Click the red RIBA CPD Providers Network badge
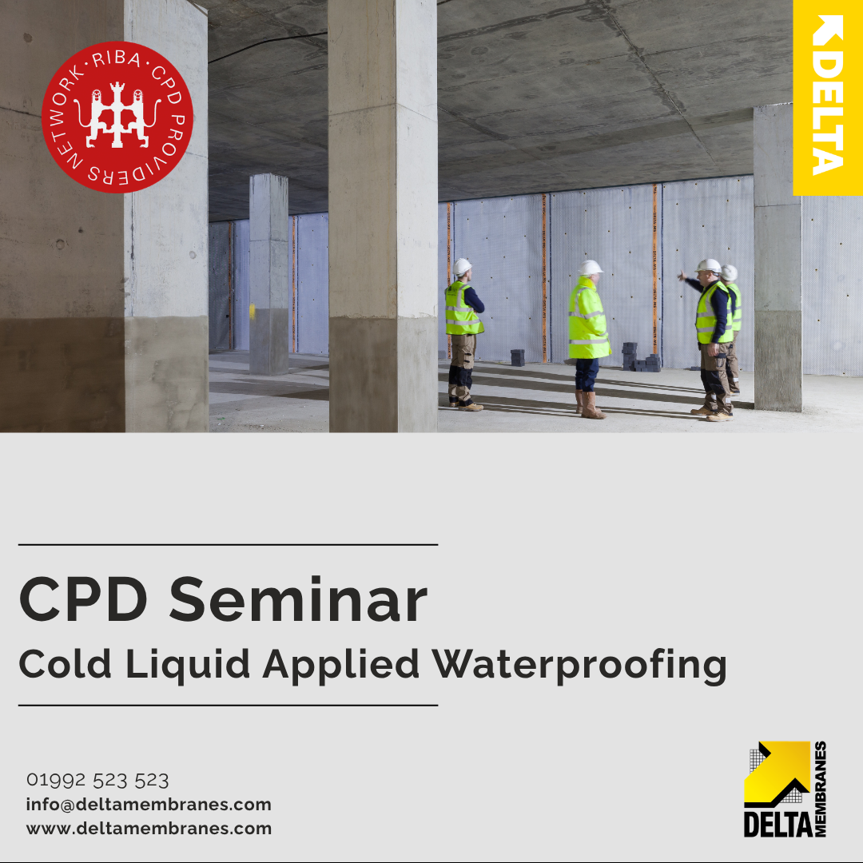117,117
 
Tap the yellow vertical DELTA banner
827,97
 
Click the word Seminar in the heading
298,599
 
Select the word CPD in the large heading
83,599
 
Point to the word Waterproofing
579,666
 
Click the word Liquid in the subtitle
188,666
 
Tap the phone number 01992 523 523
97,780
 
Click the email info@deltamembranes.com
149,804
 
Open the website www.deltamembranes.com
149,829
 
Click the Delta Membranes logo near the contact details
785,789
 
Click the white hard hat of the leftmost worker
462,267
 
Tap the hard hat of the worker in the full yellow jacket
590,268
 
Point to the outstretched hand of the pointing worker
682,276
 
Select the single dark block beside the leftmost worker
517,358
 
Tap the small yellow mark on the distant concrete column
252,311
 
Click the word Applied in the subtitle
340,666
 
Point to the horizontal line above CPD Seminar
228,545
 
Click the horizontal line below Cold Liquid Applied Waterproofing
228,705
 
